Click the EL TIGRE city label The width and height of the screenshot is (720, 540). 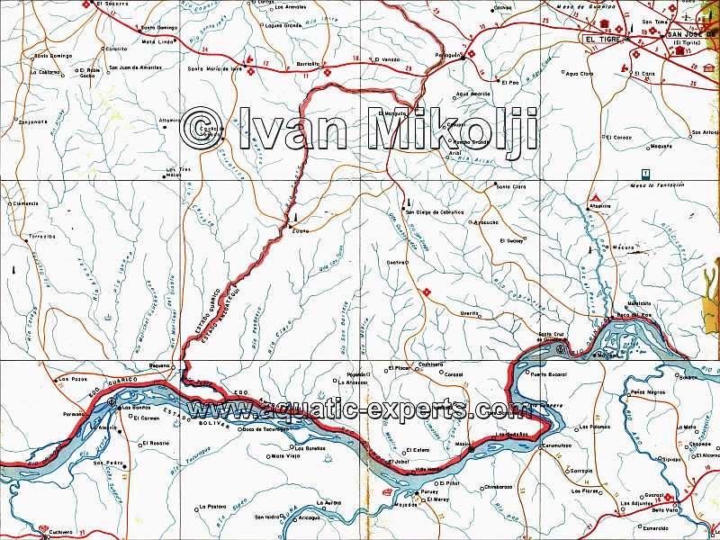(x=601, y=40)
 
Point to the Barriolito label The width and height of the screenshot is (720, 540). (x=309, y=65)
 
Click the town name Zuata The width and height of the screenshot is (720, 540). (x=301, y=231)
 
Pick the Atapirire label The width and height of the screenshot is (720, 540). (x=600, y=206)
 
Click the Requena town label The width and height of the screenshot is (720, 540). (x=158, y=364)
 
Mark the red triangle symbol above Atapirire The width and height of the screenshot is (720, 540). (x=595, y=196)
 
